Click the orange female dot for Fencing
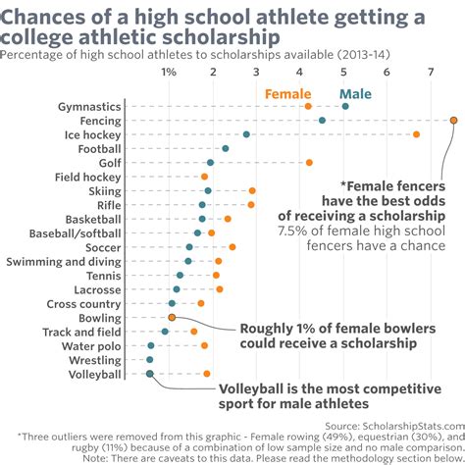tap(454, 120)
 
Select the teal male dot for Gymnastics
tap(344, 105)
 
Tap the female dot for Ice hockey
tap(416, 133)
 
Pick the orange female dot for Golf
tap(309, 162)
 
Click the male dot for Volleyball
tap(149, 374)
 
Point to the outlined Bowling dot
tap(172, 318)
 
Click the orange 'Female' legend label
tap(287, 94)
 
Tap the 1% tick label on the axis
tap(169, 73)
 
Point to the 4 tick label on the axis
tap(300, 73)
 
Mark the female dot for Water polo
tap(204, 345)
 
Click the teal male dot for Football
tap(225, 148)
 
